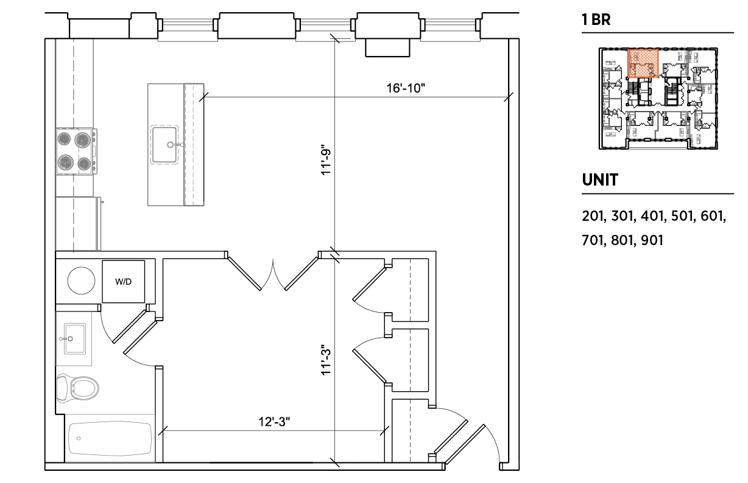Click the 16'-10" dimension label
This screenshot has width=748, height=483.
(406, 88)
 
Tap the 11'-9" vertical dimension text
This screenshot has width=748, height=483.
(326, 160)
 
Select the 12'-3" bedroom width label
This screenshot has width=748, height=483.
(274, 422)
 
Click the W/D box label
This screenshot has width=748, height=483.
(123, 282)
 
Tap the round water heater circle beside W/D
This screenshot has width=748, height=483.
(81, 280)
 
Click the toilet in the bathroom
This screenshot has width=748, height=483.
(77, 388)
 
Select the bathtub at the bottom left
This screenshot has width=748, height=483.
(110, 439)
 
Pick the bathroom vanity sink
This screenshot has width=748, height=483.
(74, 339)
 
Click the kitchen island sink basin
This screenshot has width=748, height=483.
(164, 145)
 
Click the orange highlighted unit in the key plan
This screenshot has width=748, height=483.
(643, 63)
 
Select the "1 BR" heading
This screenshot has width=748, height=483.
(596, 19)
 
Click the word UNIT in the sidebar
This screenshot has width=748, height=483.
(600, 180)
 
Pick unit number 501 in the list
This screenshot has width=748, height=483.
(682, 216)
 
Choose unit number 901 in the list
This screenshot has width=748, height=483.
(652, 240)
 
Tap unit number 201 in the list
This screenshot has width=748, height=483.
(594, 216)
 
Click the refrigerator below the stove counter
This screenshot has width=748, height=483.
(78, 223)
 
